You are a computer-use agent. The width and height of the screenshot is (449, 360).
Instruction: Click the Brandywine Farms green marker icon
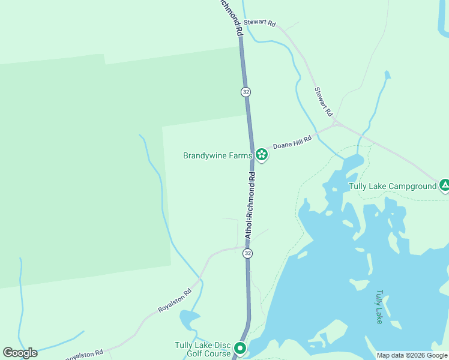click(x=262, y=155)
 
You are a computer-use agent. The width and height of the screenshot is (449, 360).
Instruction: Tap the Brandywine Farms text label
click(x=217, y=155)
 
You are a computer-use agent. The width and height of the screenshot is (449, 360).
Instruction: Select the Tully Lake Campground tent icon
click(x=444, y=185)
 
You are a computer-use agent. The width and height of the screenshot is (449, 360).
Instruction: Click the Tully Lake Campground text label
click(x=393, y=186)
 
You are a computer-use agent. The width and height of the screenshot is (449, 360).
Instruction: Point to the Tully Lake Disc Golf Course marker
click(x=240, y=348)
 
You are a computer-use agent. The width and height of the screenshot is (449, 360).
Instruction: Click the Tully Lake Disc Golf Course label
click(x=203, y=349)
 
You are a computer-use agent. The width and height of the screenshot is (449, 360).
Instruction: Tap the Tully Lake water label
click(x=379, y=307)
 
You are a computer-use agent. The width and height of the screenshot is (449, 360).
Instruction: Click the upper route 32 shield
click(x=246, y=92)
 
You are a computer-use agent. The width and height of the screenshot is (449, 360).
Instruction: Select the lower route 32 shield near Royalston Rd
click(x=247, y=254)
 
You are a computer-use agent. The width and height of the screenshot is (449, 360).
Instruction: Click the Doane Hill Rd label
click(x=292, y=142)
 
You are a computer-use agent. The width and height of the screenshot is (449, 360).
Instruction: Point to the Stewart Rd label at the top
click(x=264, y=23)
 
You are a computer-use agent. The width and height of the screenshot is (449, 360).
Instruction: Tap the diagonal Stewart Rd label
click(x=324, y=101)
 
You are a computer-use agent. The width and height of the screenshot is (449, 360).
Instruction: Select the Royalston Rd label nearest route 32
click(x=174, y=300)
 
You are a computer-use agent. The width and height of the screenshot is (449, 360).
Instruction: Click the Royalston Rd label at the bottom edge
click(x=84, y=355)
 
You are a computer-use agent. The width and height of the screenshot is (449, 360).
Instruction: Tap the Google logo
click(x=20, y=352)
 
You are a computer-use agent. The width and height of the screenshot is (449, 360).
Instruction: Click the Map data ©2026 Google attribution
click(x=412, y=355)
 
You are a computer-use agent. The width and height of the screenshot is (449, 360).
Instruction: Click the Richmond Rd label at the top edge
click(x=231, y=17)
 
